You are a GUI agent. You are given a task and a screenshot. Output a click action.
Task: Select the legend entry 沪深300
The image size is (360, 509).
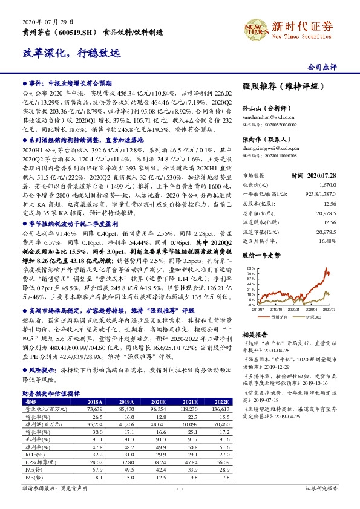point(315,316)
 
